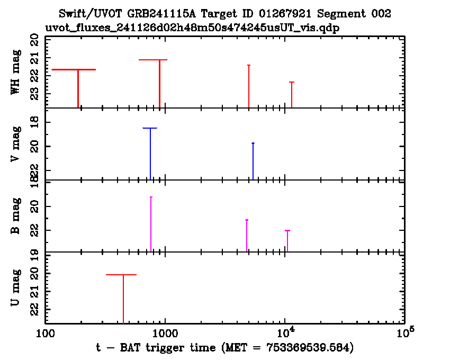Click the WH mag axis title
tap(16, 72)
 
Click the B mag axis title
tap(16, 215)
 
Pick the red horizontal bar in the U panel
tap(121, 275)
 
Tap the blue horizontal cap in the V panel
tap(150, 128)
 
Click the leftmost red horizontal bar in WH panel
tap(74, 69)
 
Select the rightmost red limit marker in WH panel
tap(292, 82)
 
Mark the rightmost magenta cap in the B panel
tap(287, 230)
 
